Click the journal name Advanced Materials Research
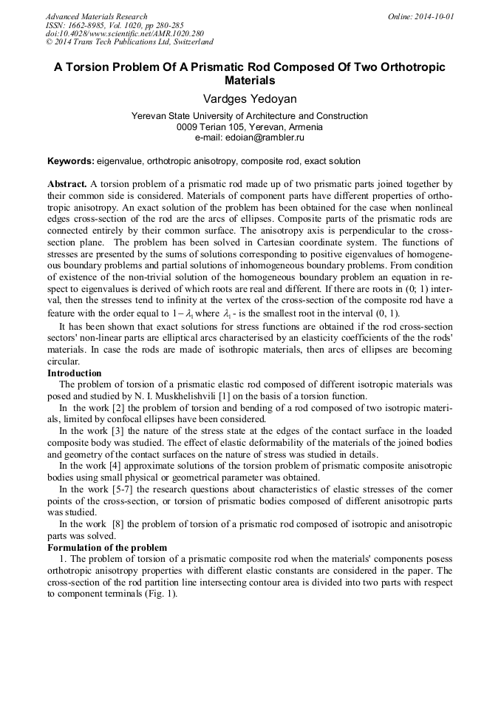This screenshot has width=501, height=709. point(96,16)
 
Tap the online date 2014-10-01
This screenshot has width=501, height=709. point(434,16)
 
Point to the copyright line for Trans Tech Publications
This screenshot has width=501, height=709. point(129,42)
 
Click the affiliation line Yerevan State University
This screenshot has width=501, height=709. point(249,116)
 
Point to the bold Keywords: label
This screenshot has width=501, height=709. point(70,161)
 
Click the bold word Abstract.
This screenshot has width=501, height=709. point(67,183)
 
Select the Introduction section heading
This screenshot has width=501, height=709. point(75,373)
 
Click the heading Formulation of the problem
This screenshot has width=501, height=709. point(107,548)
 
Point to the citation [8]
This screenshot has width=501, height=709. point(118,524)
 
